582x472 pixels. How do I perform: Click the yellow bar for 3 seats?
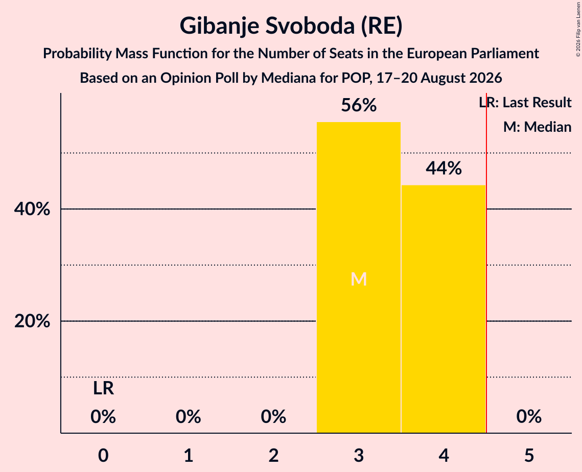(359, 277)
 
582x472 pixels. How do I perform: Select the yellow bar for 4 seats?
(444, 309)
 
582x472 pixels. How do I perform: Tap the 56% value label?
(359, 105)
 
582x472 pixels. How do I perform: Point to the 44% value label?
(444, 168)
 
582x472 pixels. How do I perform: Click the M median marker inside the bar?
(359, 279)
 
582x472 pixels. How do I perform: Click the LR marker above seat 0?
(103, 388)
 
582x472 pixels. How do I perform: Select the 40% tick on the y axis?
(32, 209)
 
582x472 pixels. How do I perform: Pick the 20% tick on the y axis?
(32, 321)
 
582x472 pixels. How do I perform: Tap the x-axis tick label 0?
(103, 455)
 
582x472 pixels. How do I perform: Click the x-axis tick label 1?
(189, 455)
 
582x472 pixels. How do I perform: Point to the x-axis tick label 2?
(273, 455)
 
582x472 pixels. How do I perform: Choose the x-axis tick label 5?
(529, 455)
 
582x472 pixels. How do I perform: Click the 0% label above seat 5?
(529, 416)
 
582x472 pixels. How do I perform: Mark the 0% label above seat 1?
(189, 416)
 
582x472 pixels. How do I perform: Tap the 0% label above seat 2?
(273, 416)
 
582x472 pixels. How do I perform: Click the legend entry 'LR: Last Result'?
(525, 102)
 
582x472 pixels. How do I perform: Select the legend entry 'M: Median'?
(538, 127)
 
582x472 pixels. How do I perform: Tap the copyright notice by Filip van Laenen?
(578, 29)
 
